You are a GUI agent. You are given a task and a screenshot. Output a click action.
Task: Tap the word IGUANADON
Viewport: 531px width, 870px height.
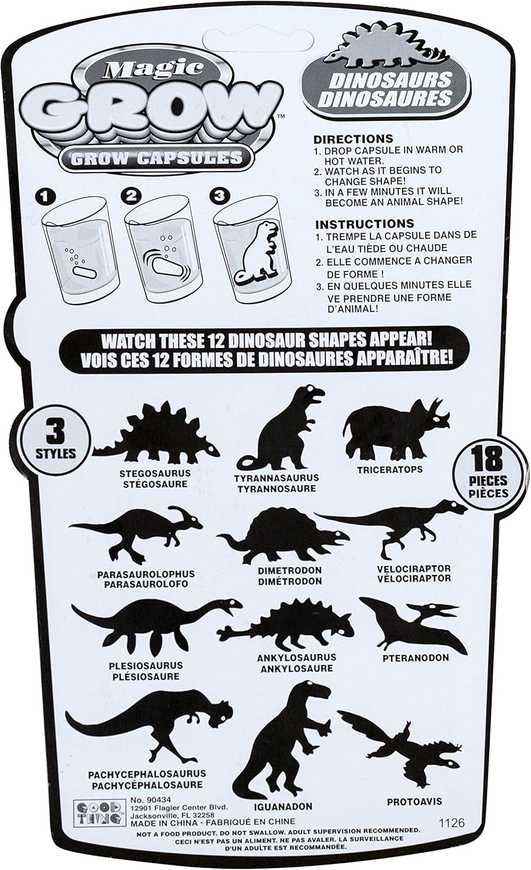pyautogui.click(x=282, y=806)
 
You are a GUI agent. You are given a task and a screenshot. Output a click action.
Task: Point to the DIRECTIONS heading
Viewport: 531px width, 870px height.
pyautogui.click(x=353, y=139)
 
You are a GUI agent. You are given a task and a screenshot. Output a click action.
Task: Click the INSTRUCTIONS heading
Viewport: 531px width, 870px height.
pyautogui.click(x=364, y=223)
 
